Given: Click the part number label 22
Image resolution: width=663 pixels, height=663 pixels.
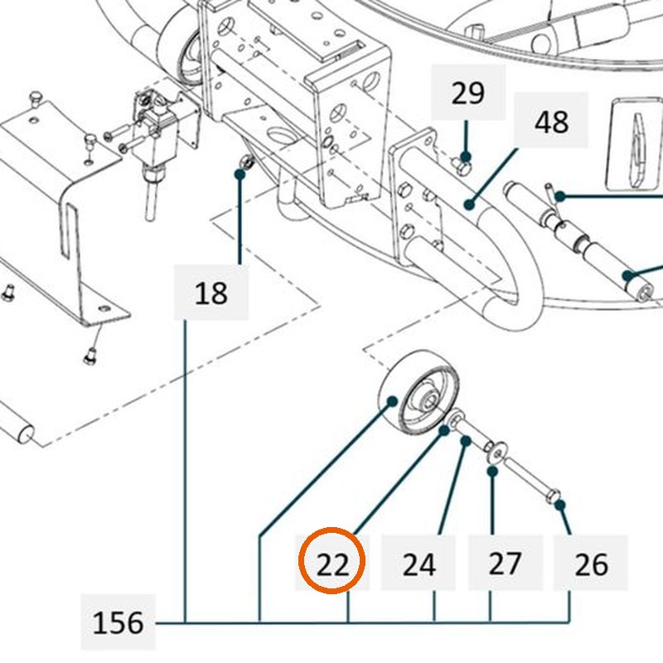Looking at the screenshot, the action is point(333,564).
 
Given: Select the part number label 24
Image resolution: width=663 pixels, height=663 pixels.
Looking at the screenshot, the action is point(419,564).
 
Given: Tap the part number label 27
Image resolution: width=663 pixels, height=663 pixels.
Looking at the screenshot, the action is point(505,564).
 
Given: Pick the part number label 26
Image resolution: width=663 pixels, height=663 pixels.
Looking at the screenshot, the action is point(591,564).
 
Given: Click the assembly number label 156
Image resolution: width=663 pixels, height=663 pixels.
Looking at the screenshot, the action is point(118,623).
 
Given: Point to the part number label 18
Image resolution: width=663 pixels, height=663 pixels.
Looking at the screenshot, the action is point(211,293).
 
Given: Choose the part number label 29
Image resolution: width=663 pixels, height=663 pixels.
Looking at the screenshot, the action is point(467,93).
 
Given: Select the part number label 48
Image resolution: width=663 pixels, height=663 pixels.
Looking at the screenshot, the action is point(551,122).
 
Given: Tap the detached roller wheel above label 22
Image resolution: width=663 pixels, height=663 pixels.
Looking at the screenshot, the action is point(419,392).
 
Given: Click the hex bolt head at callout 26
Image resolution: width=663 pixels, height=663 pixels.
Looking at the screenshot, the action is point(553,496).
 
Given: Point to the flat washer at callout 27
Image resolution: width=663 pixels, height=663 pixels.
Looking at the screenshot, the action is point(496,452).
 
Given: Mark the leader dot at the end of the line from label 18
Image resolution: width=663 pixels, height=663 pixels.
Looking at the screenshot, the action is point(240,173).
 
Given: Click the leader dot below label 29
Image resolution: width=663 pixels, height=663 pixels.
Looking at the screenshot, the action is point(466,157).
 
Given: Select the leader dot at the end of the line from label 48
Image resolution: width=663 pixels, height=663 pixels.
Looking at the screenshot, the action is point(469,205).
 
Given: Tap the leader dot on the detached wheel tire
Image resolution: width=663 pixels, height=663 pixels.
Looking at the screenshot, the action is point(392,400).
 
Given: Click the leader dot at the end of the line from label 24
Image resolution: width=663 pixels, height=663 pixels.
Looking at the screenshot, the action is point(466,441).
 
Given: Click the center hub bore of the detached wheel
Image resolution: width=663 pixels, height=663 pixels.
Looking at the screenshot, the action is point(429,399).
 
